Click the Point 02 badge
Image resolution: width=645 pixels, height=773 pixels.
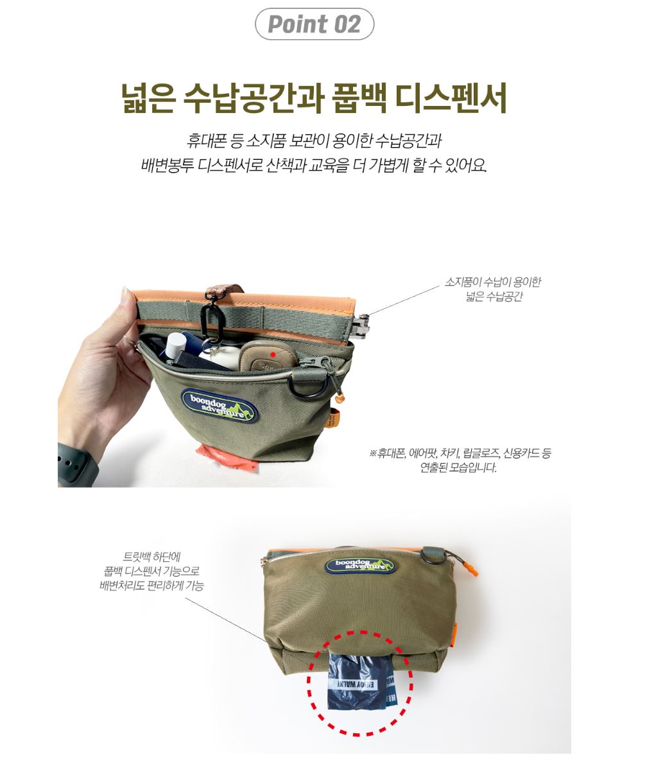[x=314, y=24]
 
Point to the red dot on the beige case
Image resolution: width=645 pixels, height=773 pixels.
[x=273, y=354]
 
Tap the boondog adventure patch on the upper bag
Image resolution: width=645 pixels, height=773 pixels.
[x=219, y=406]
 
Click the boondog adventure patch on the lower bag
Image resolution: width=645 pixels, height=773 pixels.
[x=359, y=566]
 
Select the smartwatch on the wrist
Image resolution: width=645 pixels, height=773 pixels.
[x=77, y=465]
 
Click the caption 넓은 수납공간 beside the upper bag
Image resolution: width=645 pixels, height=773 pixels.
[x=494, y=297]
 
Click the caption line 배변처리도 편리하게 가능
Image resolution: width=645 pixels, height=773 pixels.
[x=151, y=586]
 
